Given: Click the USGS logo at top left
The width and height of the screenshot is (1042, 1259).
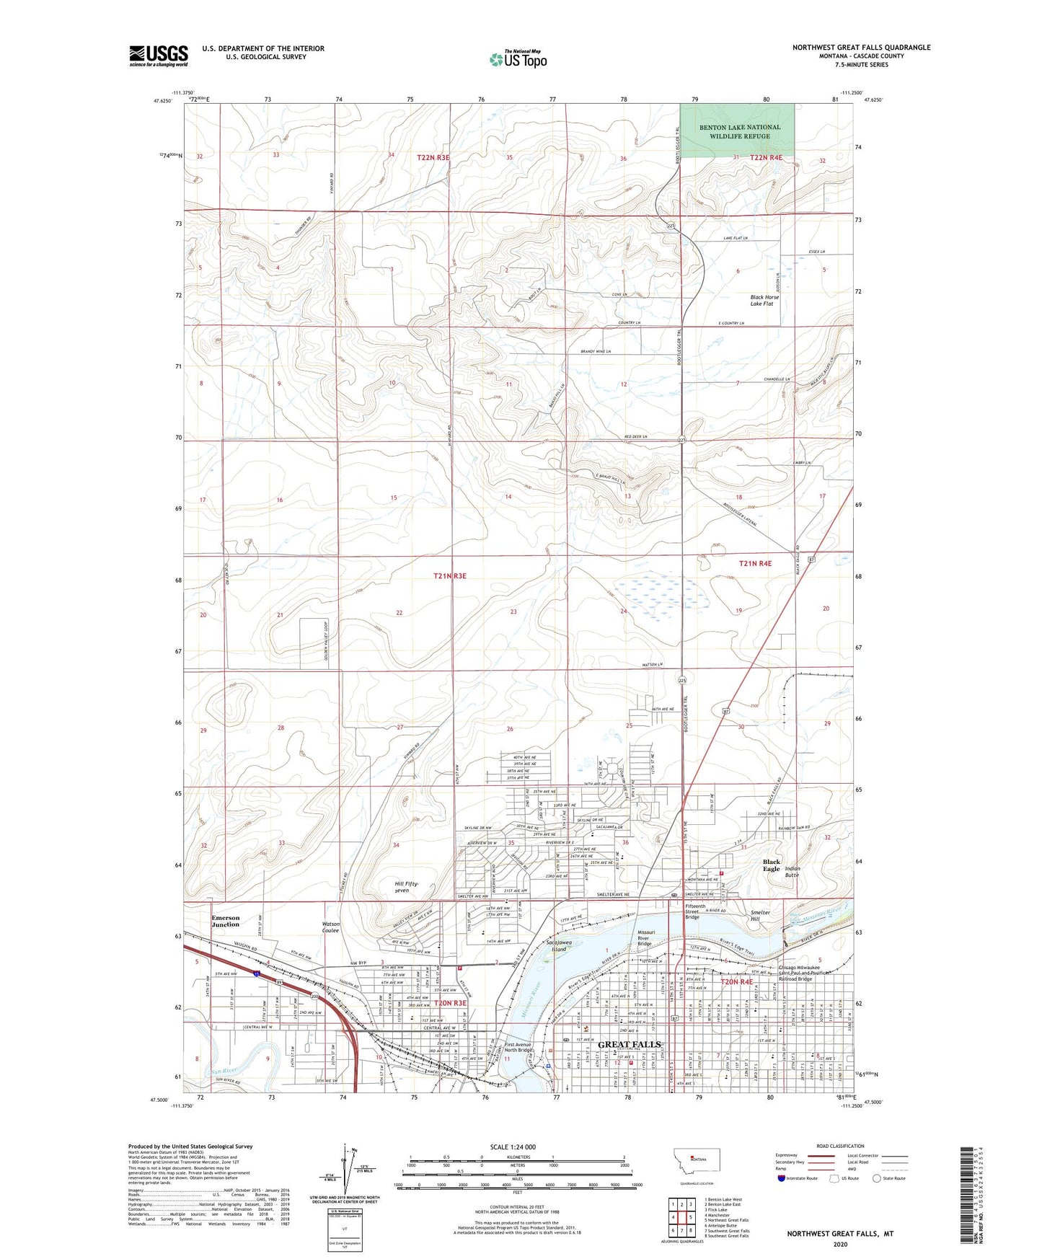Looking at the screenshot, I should point(158,56).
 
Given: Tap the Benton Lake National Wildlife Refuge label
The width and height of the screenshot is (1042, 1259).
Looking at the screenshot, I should point(739,131).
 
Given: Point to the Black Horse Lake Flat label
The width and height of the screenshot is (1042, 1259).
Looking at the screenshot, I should point(764,300).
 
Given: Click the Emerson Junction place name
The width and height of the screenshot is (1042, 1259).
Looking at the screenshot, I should point(225,921).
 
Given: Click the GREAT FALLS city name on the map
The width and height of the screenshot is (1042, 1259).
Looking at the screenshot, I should point(630,1044).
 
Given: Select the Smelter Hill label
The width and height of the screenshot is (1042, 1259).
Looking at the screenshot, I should point(760,916).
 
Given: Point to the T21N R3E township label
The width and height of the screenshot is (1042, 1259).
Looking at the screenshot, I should point(450,575).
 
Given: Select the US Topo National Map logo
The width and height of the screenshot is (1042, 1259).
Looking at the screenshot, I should point(517,59).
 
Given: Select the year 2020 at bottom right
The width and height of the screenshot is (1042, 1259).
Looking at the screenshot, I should point(839,1243).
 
